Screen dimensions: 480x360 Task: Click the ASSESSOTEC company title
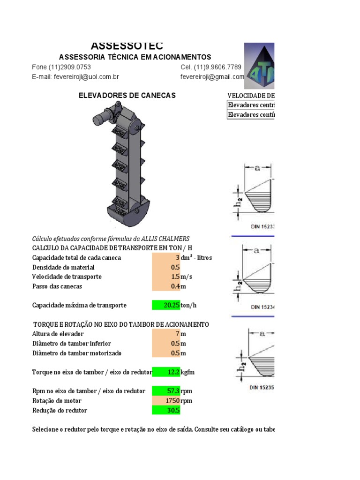click(x=127, y=45)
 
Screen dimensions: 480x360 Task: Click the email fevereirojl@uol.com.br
click(x=75, y=77)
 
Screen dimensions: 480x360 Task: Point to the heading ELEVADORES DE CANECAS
click(x=127, y=96)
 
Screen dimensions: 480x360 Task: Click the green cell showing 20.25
click(x=166, y=305)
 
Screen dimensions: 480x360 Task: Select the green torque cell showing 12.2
click(x=166, y=372)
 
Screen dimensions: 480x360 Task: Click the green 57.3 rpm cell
click(x=166, y=391)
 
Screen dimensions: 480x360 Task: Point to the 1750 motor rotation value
click(x=166, y=401)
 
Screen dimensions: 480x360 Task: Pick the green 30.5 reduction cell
click(x=166, y=410)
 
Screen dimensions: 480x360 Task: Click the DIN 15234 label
click(x=262, y=307)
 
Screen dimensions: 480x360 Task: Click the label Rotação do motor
click(x=57, y=401)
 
